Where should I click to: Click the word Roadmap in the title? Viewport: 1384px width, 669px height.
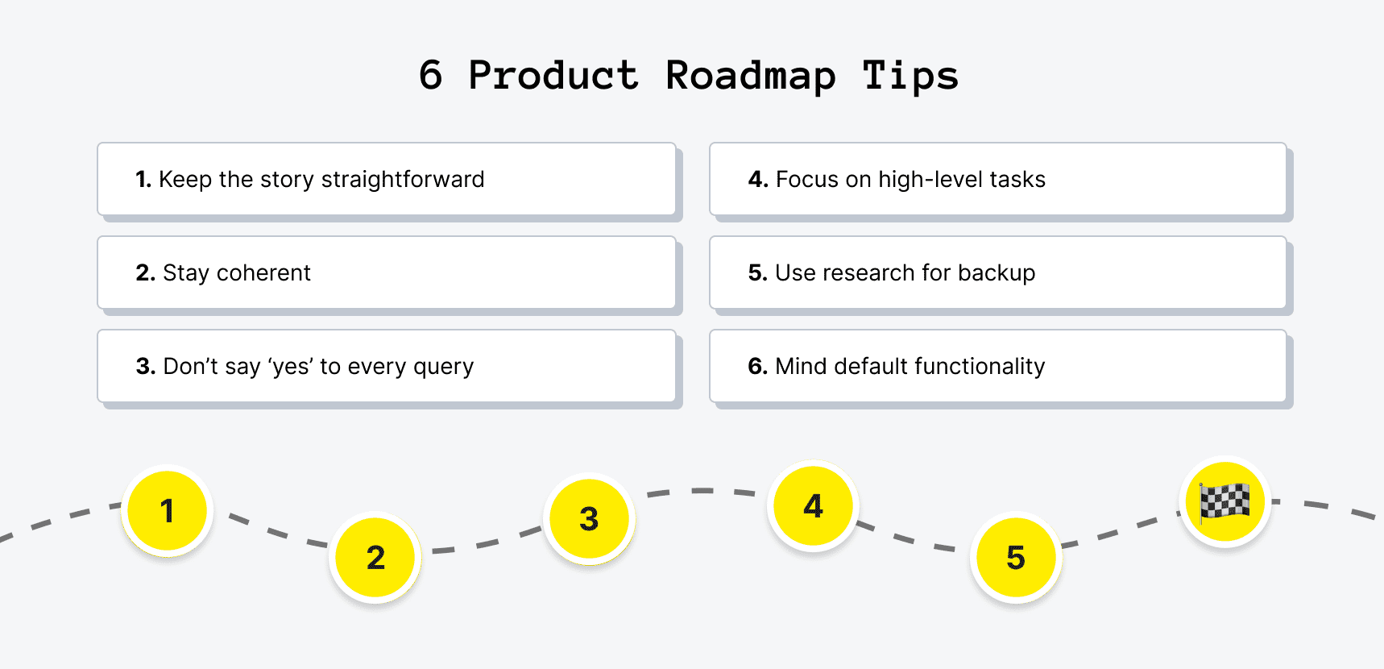pyautogui.click(x=750, y=77)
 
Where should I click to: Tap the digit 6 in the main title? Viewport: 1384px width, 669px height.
pyautogui.click(x=431, y=76)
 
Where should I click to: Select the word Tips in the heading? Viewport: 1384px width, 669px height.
pyautogui.click(x=910, y=77)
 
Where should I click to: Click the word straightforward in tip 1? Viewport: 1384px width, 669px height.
pyautogui.click(x=403, y=179)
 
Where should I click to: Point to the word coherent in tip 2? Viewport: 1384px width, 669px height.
pyautogui.click(x=263, y=273)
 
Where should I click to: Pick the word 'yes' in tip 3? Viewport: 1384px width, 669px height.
pyautogui.click(x=290, y=367)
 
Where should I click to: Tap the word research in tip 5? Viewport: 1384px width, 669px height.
pyautogui.click(x=868, y=273)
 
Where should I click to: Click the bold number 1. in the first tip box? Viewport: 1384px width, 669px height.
pyautogui.click(x=143, y=179)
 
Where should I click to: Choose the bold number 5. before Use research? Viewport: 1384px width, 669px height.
pyautogui.click(x=757, y=273)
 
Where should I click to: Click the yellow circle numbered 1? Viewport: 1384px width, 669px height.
pyautogui.click(x=168, y=510)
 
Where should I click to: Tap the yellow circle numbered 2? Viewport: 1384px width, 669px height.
pyautogui.click(x=375, y=557)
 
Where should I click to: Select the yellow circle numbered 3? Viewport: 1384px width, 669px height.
pyautogui.click(x=589, y=518)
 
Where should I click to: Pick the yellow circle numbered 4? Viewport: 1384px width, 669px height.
pyautogui.click(x=813, y=505)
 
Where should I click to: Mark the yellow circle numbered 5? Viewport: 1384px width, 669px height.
pyautogui.click(x=1016, y=557)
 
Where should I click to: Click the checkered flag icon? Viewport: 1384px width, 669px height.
pyautogui.click(x=1224, y=501)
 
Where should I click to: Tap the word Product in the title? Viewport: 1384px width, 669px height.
pyautogui.click(x=553, y=77)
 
